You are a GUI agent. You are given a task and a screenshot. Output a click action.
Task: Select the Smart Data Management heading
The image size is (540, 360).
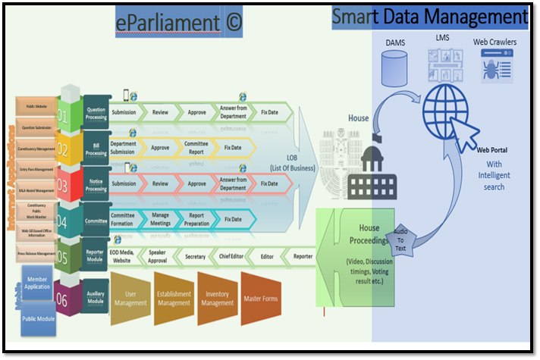(430, 17)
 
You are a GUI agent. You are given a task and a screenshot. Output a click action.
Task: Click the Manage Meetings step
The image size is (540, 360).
(160, 220)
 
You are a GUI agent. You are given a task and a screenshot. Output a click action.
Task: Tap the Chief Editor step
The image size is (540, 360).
(231, 257)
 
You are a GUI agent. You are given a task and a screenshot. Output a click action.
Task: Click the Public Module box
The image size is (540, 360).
(37, 320)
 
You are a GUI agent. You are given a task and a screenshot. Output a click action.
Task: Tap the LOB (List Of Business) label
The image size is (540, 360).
(295, 163)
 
